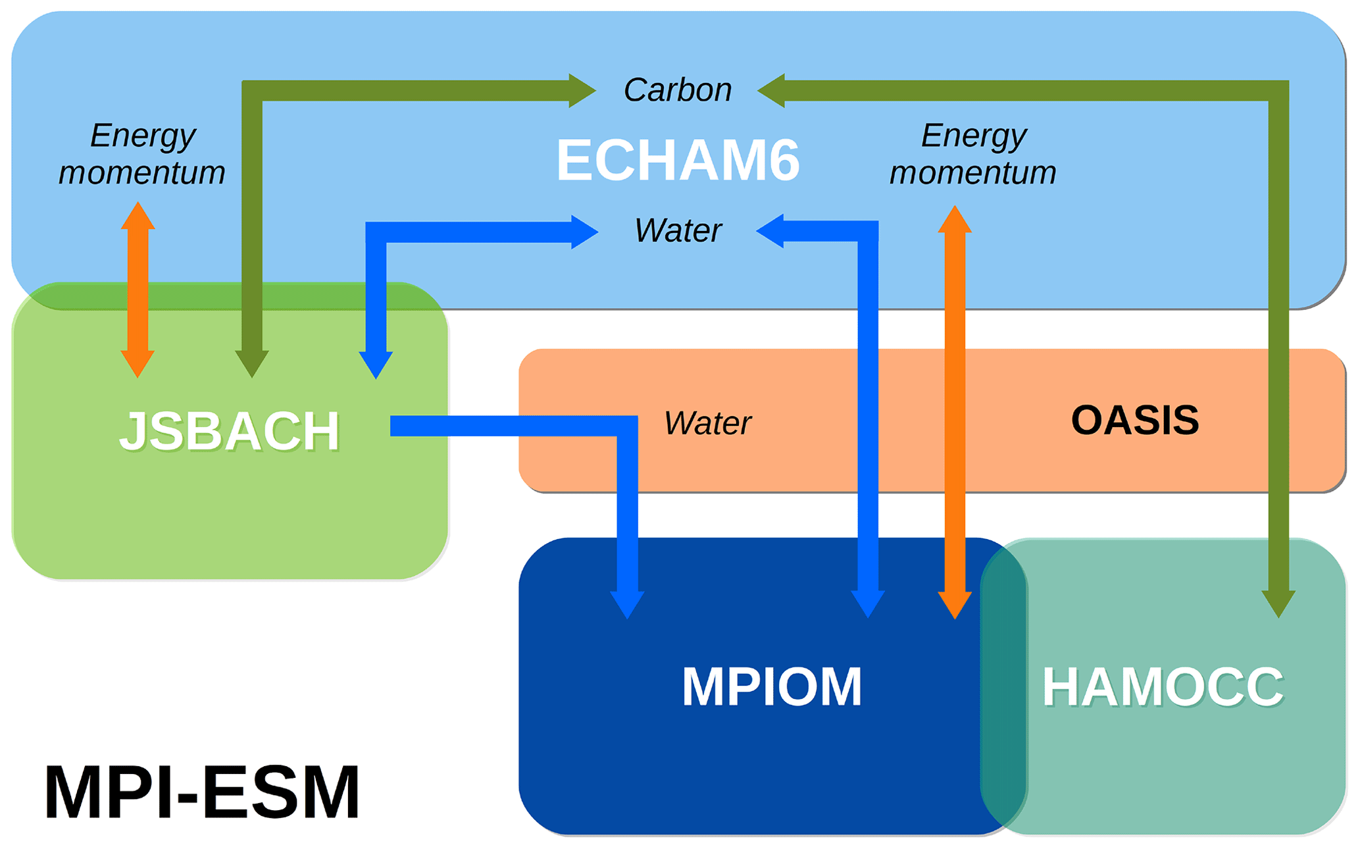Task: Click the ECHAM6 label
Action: tap(678, 160)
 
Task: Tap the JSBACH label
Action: tap(229, 431)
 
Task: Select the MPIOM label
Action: tap(771, 687)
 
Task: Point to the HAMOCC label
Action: tap(1163, 687)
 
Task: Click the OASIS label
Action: tap(1135, 420)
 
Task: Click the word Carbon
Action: tap(678, 90)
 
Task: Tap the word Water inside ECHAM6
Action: tap(678, 230)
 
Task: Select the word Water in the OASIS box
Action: tap(707, 423)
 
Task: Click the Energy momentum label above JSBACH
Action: tap(142, 154)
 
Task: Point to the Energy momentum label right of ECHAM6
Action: tap(973, 154)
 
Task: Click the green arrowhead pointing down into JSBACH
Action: tap(252, 363)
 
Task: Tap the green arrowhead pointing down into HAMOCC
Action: tap(1278, 604)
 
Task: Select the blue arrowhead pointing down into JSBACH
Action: tap(376, 365)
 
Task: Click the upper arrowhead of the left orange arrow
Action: tap(138, 216)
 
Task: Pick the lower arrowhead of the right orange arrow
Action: tap(955, 604)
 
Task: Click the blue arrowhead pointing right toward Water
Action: tap(584, 232)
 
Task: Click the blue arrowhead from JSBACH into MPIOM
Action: tap(627, 604)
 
